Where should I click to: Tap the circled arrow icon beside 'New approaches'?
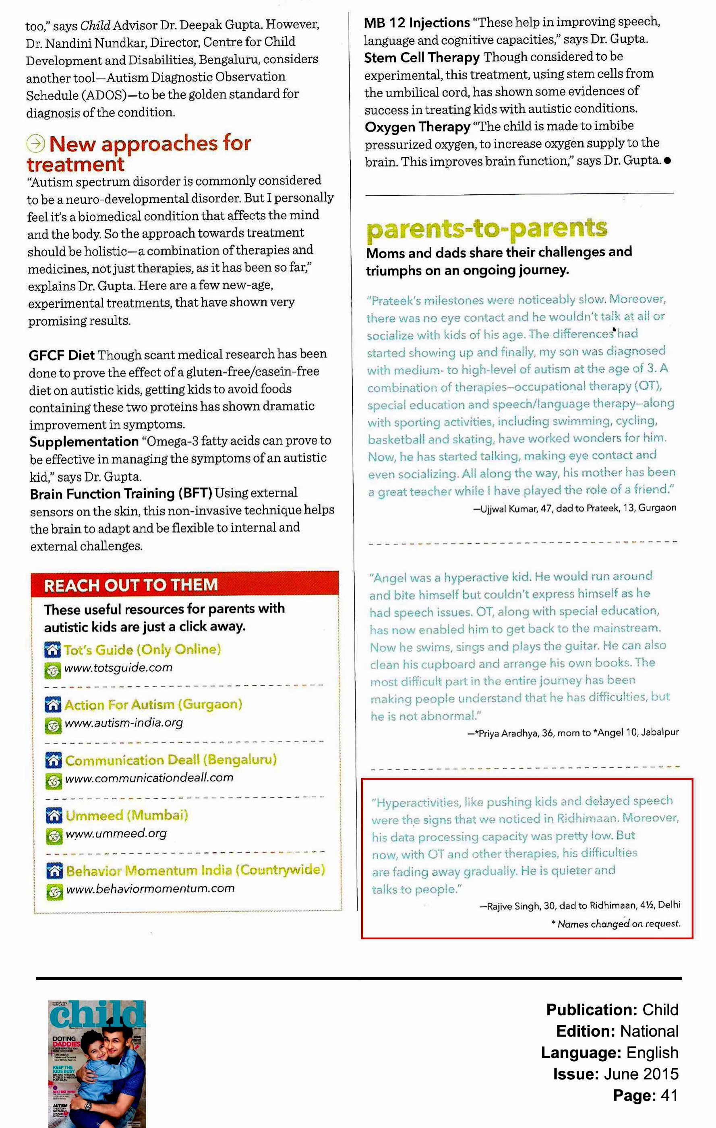(35, 143)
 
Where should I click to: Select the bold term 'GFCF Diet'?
(62, 355)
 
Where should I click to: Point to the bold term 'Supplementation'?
(84, 442)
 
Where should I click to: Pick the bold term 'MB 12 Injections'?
(416, 23)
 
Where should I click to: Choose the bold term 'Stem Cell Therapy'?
(422, 58)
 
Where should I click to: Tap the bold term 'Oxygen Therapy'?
(417, 127)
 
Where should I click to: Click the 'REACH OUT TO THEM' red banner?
(185, 585)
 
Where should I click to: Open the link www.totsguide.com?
(118, 668)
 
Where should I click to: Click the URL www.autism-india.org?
(124, 723)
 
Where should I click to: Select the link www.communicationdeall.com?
(149, 778)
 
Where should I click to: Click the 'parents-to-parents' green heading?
(486, 229)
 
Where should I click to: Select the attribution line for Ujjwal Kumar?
(574, 508)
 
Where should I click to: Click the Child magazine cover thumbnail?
(97, 1063)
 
